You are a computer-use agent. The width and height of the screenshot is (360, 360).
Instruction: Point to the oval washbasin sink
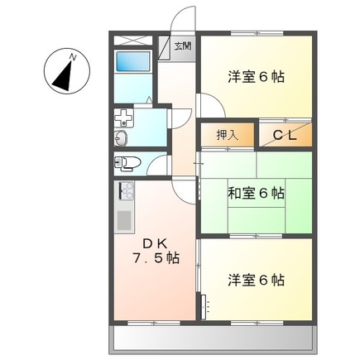(121, 137)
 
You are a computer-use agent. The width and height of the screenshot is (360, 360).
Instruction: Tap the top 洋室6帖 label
(257, 77)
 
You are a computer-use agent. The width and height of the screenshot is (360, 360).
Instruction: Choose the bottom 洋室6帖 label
(257, 280)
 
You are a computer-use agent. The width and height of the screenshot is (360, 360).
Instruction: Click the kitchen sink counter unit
(125, 208)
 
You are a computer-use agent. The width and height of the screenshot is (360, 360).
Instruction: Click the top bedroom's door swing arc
(209, 106)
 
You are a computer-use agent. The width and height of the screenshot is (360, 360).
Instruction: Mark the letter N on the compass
(73, 56)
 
